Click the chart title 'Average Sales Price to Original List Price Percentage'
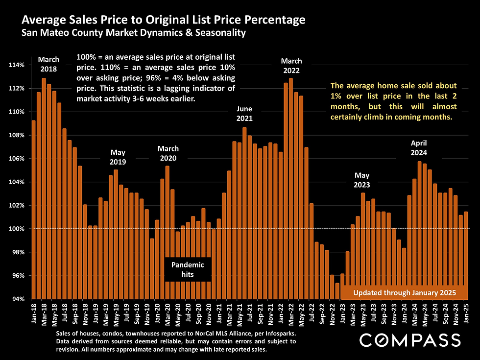coord(164,21)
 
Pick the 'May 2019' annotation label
coord(118,157)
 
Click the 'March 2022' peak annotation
coord(291,66)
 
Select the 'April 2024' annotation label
coord(419,148)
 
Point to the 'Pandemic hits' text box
coord(188,269)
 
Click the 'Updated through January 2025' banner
coord(405,293)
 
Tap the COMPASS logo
coord(410,339)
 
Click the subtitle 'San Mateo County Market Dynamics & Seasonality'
coord(133,33)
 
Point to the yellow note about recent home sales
coord(393,102)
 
